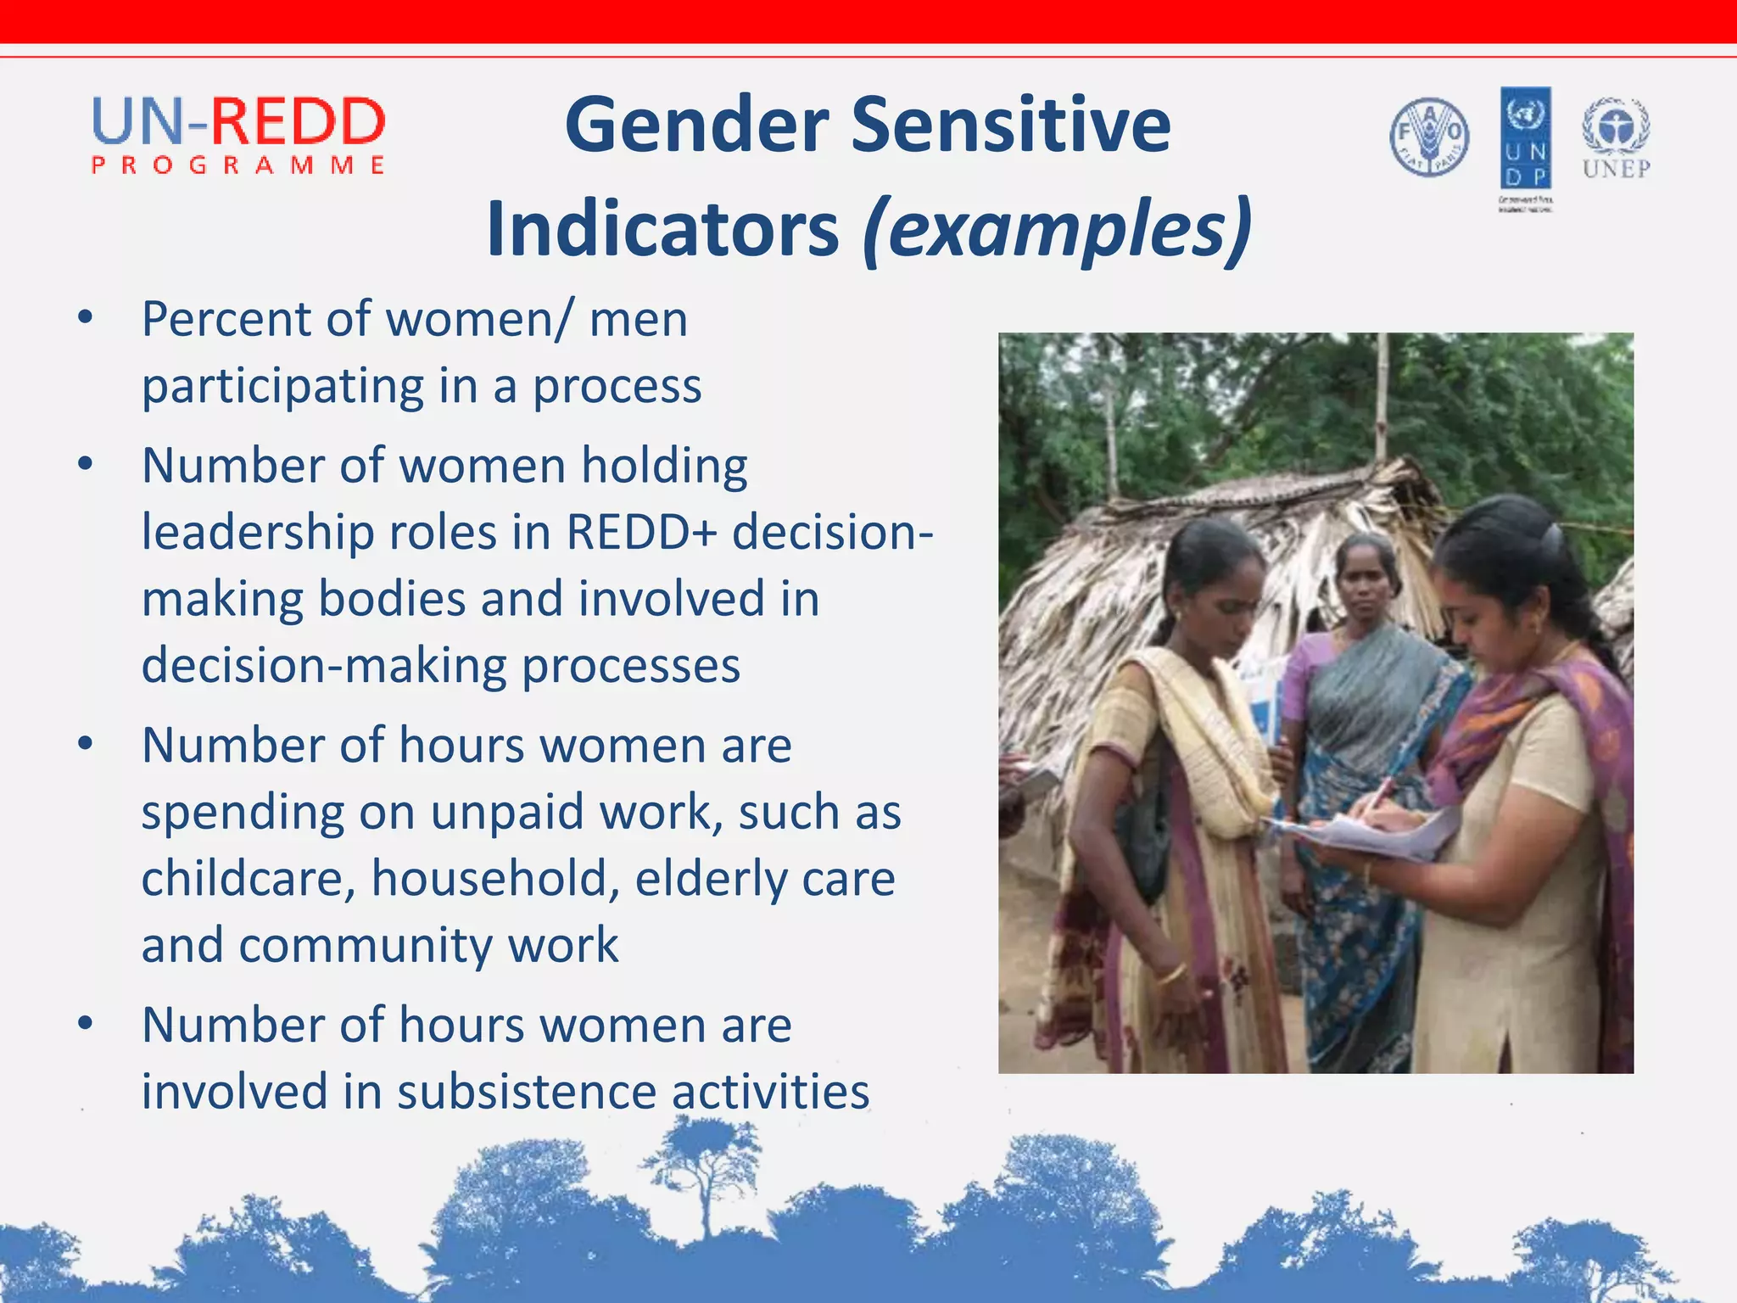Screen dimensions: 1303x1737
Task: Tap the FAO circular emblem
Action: pos(1429,137)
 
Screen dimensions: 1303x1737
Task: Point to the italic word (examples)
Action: pos(1057,230)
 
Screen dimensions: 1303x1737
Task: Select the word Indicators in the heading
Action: pos(662,230)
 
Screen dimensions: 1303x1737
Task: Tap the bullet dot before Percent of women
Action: pos(85,319)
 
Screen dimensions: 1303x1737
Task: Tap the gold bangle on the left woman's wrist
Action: pos(1171,973)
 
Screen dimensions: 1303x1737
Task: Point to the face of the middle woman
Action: pos(1365,586)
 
